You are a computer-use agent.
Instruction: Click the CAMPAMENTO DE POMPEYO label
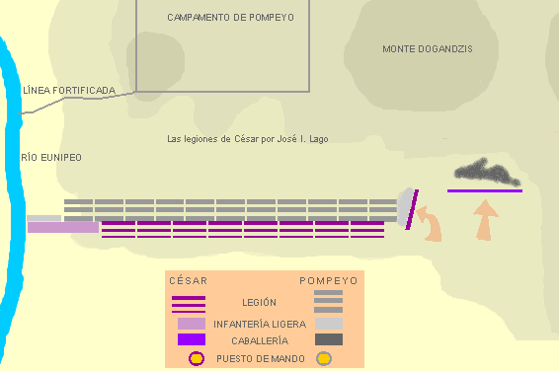pos(231,18)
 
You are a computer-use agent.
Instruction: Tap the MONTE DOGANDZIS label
pos(428,48)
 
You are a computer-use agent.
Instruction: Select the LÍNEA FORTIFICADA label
pos(69,90)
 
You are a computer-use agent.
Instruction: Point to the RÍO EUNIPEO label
pos(51,157)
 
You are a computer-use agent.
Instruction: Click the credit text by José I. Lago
pos(248,139)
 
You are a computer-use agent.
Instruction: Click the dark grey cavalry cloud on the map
pos(487,173)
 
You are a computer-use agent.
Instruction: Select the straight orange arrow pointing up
pos(485,221)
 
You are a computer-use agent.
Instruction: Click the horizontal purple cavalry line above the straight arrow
pos(485,191)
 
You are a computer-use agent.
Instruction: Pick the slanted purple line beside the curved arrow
pos(412,210)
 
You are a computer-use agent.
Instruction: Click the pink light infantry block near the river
pos(63,228)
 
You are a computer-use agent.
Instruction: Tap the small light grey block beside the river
pos(43,218)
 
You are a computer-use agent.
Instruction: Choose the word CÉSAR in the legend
pos(189,281)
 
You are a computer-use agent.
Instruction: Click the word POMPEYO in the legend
pos(329,281)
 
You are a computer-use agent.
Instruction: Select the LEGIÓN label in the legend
pos(259,303)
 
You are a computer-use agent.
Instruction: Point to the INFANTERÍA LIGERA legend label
pos(260,324)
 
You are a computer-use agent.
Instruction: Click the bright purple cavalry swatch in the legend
pos(192,339)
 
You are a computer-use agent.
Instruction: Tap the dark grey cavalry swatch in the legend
pos(329,339)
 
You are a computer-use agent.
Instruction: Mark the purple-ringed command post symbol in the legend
pos(197,358)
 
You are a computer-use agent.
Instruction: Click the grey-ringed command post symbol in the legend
pos(324,358)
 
